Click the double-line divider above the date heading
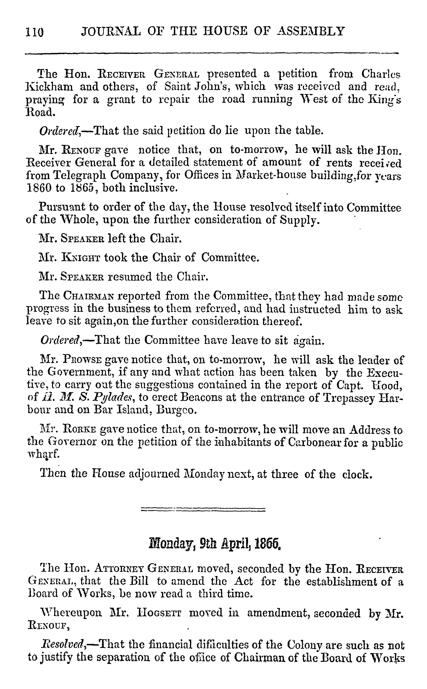[203, 509]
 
